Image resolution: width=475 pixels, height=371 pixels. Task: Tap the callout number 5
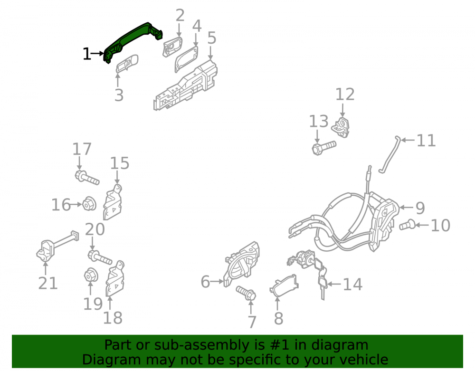click(212, 38)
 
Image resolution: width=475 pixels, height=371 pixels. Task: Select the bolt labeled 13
click(324, 148)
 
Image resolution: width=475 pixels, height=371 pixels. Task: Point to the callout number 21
click(48, 284)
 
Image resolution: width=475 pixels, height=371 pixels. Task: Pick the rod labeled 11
click(389, 154)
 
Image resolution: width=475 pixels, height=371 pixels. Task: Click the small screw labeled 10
click(407, 224)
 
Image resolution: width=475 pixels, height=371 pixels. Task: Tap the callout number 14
click(352, 285)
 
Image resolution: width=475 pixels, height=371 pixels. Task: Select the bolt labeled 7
click(246, 293)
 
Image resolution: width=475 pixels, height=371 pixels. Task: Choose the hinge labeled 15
click(113, 202)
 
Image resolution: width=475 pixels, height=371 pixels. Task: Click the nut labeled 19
click(90, 276)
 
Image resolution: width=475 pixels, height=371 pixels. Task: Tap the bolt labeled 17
click(87, 178)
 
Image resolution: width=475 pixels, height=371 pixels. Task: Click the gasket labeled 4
click(186, 59)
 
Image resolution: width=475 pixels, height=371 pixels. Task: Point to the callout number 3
click(119, 95)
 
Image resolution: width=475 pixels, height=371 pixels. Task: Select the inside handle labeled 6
click(241, 264)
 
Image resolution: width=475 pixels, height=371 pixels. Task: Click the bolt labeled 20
click(100, 257)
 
